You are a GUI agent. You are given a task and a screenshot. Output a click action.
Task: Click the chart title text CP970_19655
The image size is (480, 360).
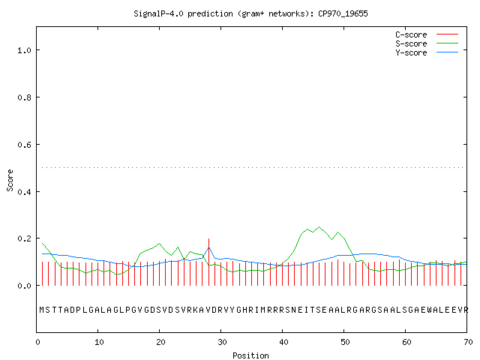click(x=343, y=13)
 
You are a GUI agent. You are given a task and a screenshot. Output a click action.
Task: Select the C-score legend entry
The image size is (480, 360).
click(x=427, y=34)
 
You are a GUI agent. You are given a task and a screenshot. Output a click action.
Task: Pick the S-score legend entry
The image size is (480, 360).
click(x=427, y=43)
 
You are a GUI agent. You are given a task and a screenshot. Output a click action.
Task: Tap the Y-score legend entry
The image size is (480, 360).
click(x=427, y=52)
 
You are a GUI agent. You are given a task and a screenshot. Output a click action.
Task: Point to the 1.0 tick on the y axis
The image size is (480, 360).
click(x=25, y=50)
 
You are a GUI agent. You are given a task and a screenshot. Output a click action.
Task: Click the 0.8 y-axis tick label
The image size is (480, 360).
click(x=25, y=97)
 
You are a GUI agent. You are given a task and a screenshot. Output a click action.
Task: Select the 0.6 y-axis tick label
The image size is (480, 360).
click(x=25, y=145)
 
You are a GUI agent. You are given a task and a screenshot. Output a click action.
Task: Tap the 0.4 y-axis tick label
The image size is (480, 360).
click(x=25, y=192)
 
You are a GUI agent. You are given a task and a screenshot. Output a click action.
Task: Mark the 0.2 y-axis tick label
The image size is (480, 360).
click(x=25, y=238)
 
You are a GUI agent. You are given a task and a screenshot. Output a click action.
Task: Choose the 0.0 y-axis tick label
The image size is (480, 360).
click(x=25, y=286)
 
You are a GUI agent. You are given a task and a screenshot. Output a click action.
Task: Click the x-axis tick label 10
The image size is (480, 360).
click(x=99, y=342)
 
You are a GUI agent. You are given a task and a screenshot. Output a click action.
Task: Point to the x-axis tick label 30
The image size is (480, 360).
click(x=222, y=342)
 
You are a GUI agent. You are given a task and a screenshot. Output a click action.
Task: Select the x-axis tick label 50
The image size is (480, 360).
click(x=345, y=342)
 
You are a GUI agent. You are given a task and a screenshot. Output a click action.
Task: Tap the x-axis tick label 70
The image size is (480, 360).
click(x=468, y=342)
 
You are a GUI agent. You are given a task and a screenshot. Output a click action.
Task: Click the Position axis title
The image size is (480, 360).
click(x=250, y=355)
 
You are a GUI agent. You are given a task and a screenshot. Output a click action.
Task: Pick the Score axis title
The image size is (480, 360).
click(x=10, y=180)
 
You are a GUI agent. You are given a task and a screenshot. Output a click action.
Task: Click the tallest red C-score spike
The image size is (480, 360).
click(x=208, y=262)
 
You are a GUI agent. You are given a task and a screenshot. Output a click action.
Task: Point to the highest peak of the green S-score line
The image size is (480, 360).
click(x=319, y=227)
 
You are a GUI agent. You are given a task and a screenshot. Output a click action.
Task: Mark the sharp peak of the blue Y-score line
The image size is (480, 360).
click(x=208, y=247)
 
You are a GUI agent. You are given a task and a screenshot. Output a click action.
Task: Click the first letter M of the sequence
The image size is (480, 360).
click(x=42, y=310)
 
